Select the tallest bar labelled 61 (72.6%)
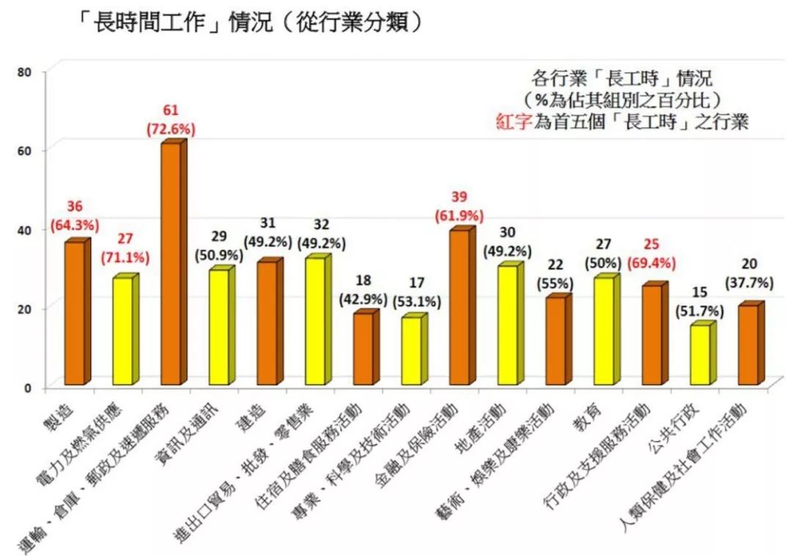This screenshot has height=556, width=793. click(x=171, y=264)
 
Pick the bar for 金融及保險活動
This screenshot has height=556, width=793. click(x=460, y=308)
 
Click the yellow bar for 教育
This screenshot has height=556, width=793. click(x=604, y=331)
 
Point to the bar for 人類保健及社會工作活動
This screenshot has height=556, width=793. click(x=749, y=345)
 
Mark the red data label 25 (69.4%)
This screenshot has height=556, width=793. click(x=651, y=252)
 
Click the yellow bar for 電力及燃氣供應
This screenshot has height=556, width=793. click(x=123, y=331)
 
